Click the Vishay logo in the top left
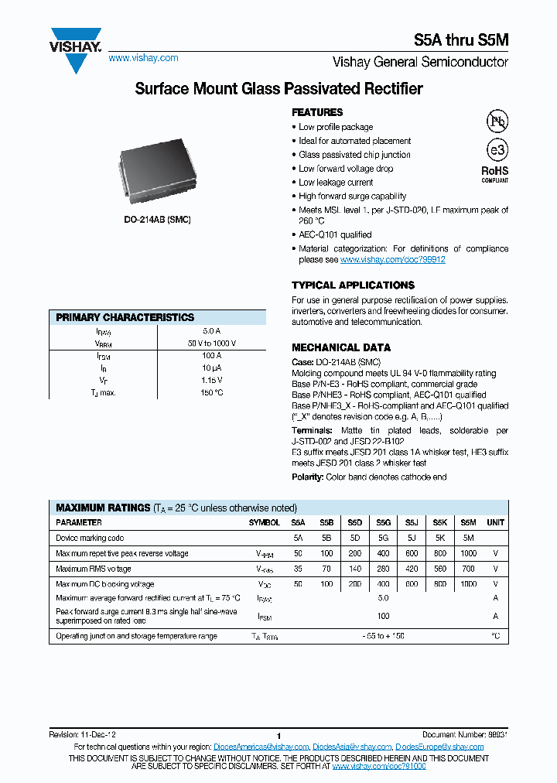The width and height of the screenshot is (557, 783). (75, 48)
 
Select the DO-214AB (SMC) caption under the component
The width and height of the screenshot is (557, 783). (157, 220)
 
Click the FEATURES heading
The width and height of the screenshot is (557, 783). (317, 112)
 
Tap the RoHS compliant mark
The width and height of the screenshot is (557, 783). (495, 173)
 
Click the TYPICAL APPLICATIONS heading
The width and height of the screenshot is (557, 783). (353, 285)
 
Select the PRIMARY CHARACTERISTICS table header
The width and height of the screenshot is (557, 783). (125, 317)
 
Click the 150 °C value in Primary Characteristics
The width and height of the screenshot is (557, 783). (211, 392)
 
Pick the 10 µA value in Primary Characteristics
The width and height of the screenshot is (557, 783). (211, 368)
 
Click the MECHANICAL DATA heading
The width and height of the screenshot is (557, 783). (340, 347)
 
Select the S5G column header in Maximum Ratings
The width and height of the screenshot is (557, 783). (383, 522)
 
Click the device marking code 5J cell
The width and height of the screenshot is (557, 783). (412, 538)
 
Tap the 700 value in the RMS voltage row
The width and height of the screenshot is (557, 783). (468, 569)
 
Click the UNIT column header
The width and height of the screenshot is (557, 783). (495, 522)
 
